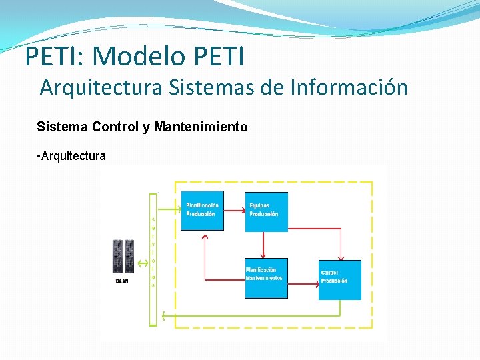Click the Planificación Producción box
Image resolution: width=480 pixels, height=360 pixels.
click(202, 211)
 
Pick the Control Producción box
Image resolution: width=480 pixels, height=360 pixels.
click(339, 279)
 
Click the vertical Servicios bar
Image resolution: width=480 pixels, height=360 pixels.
click(153, 259)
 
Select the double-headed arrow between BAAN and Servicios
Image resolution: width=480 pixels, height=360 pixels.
click(142, 264)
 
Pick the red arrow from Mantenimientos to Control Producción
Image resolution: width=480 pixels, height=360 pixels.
click(303, 283)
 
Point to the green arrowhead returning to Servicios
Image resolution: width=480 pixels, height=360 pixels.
click(163, 316)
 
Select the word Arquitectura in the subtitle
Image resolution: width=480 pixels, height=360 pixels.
click(101, 87)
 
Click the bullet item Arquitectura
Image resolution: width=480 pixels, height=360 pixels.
click(73, 156)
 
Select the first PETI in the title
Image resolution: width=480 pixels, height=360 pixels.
click(50, 56)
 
